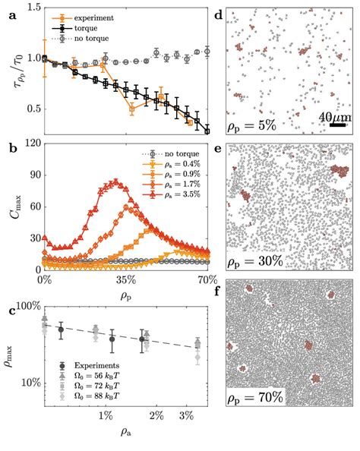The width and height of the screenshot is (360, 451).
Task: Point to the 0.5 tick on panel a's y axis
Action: (x=32, y=109)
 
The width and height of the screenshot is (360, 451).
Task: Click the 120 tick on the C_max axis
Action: (x=30, y=142)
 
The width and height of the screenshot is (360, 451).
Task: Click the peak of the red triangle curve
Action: (x=115, y=181)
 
